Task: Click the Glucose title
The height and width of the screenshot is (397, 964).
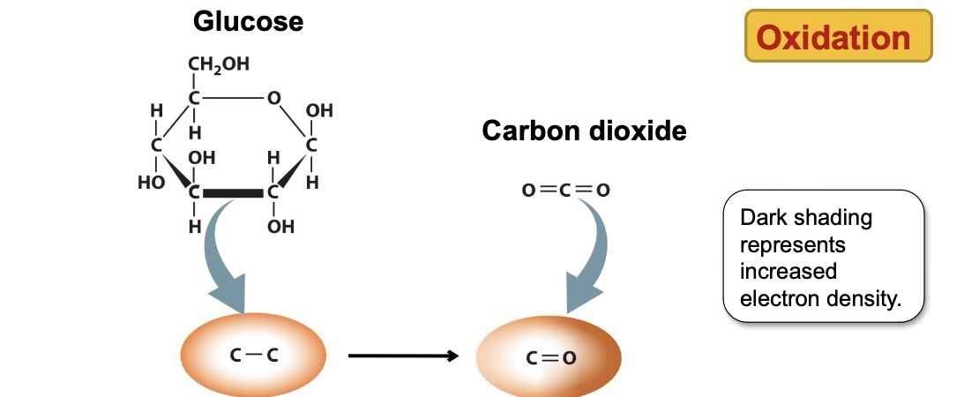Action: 248,21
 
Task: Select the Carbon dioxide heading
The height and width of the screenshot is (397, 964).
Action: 584,131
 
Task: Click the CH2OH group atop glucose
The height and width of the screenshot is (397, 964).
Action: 218,64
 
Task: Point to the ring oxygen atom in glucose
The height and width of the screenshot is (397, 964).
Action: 274,99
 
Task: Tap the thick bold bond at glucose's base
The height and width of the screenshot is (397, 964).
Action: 234,192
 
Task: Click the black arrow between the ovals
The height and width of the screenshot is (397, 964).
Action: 402,356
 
